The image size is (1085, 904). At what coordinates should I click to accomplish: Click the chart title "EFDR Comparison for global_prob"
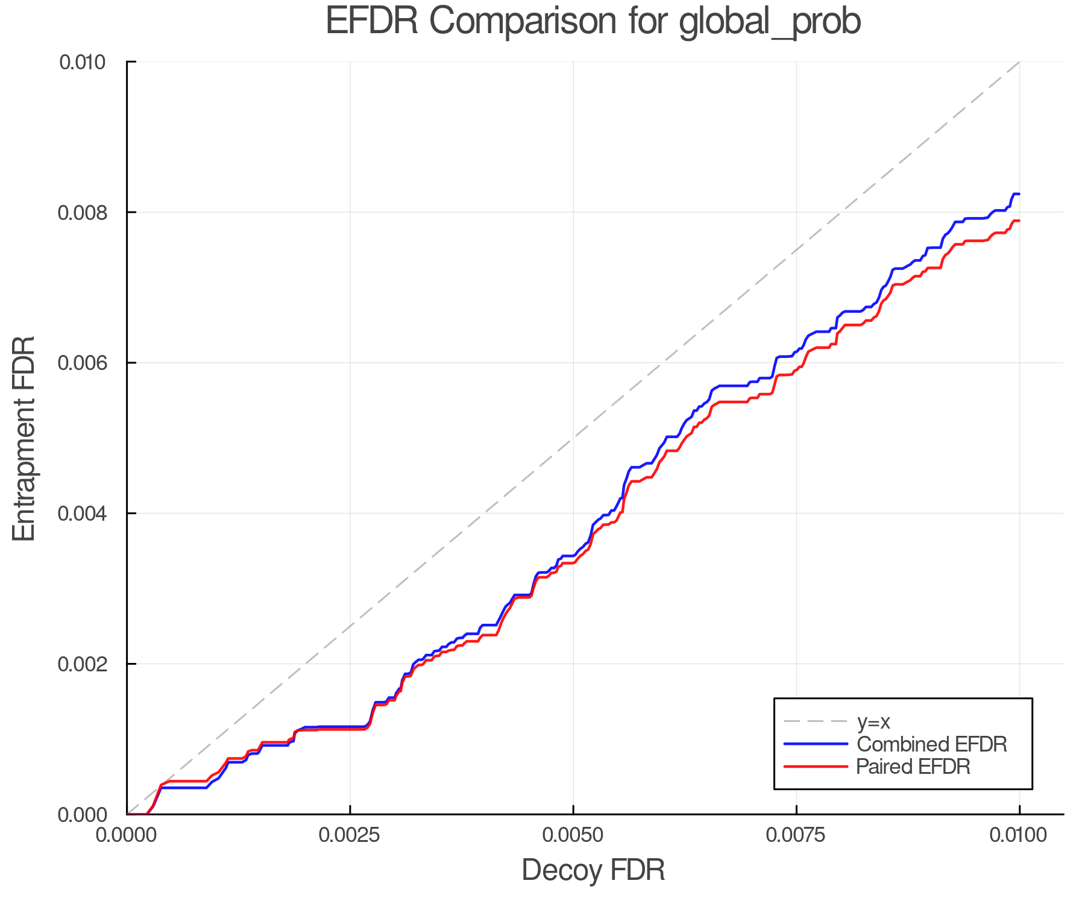(x=593, y=21)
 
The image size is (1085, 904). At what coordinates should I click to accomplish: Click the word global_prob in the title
(x=770, y=22)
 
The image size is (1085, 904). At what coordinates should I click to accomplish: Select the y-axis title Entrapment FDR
(x=25, y=438)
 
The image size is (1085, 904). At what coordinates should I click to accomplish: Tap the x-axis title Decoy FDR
(x=593, y=870)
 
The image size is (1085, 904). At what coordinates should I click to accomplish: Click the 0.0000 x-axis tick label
(x=127, y=835)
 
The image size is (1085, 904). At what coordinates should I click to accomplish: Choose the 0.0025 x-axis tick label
(x=350, y=835)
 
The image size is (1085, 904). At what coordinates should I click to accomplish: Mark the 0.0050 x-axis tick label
(x=573, y=835)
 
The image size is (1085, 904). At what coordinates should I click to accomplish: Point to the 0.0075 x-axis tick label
(x=796, y=835)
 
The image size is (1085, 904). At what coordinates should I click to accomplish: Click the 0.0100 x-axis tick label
(x=1019, y=835)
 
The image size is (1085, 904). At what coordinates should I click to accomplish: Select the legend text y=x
(x=873, y=721)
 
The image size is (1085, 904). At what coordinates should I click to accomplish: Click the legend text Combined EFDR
(x=931, y=744)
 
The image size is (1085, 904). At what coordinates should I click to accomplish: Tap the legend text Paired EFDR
(x=913, y=767)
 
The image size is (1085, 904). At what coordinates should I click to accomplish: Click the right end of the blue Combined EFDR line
(x=1018, y=194)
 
